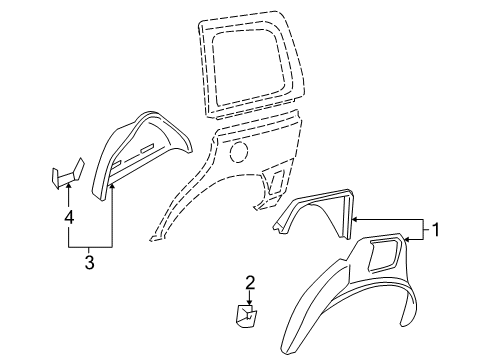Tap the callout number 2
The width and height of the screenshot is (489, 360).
coord(251,282)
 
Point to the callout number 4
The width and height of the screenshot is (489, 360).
coord(68,215)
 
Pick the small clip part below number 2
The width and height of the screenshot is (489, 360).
coord(246,317)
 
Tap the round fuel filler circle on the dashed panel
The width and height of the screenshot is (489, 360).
coord(238,154)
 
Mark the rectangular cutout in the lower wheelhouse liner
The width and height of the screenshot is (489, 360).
coord(383,256)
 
